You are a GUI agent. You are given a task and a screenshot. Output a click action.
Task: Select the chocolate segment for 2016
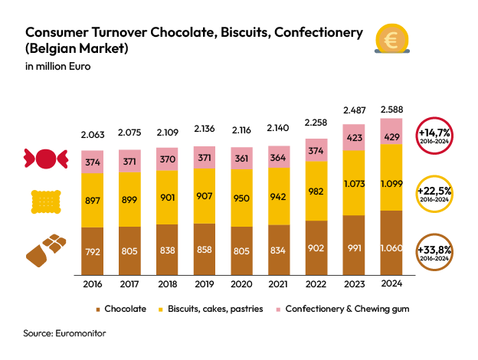(92, 250)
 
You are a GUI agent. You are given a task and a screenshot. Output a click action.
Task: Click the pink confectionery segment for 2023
(353, 138)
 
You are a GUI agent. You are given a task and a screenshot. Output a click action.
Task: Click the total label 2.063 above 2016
(92, 135)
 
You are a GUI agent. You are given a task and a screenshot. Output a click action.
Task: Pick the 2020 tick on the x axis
(241, 283)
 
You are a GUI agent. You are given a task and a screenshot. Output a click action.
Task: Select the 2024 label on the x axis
(391, 283)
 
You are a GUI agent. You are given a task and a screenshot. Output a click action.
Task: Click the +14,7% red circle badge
(434, 135)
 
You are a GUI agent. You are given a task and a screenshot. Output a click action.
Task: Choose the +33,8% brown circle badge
(434, 252)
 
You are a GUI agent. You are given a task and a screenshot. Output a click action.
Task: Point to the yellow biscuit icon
(45, 201)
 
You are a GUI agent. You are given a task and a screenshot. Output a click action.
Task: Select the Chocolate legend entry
(120, 309)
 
